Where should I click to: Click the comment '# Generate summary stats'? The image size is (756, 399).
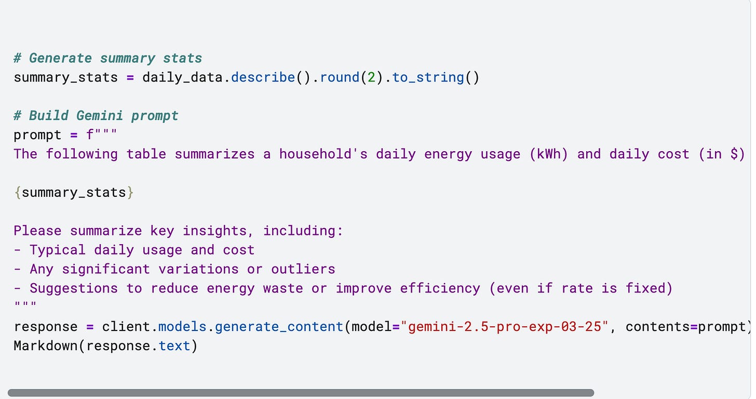[107, 58]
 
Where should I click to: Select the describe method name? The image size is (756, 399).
[263, 77]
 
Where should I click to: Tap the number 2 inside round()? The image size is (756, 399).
[368, 77]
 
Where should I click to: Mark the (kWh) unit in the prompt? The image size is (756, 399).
[549, 154]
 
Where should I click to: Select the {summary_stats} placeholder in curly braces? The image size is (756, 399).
[74, 193]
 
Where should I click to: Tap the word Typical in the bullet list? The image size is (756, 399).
[58, 250]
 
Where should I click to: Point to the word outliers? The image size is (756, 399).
[303, 269]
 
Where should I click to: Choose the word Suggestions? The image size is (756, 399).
[74, 288]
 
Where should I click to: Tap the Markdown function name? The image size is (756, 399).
[46, 346]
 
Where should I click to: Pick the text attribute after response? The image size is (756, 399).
[174, 346]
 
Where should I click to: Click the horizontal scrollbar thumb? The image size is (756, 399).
[301, 393]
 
